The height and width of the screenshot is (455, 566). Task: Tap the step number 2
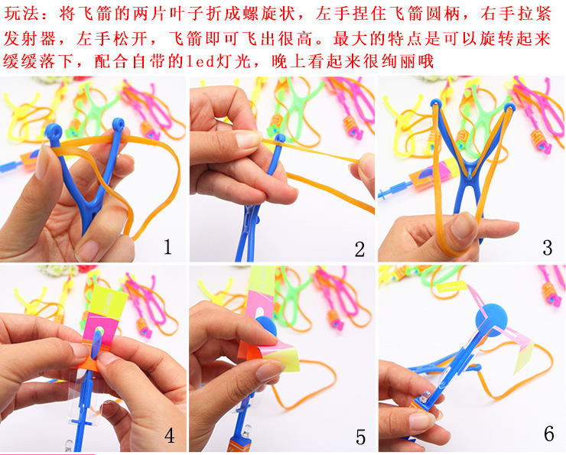pyautogui.click(x=359, y=249)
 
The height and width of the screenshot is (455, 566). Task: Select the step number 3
pyautogui.click(x=547, y=247)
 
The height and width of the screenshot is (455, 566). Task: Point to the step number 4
pyautogui.click(x=169, y=435)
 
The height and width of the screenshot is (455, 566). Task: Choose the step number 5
pyautogui.click(x=359, y=437)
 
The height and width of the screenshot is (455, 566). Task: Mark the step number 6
pyautogui.click(x=548, y=434)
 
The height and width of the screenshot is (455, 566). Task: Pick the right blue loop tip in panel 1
pyautogui.click(x=119, y=123)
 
